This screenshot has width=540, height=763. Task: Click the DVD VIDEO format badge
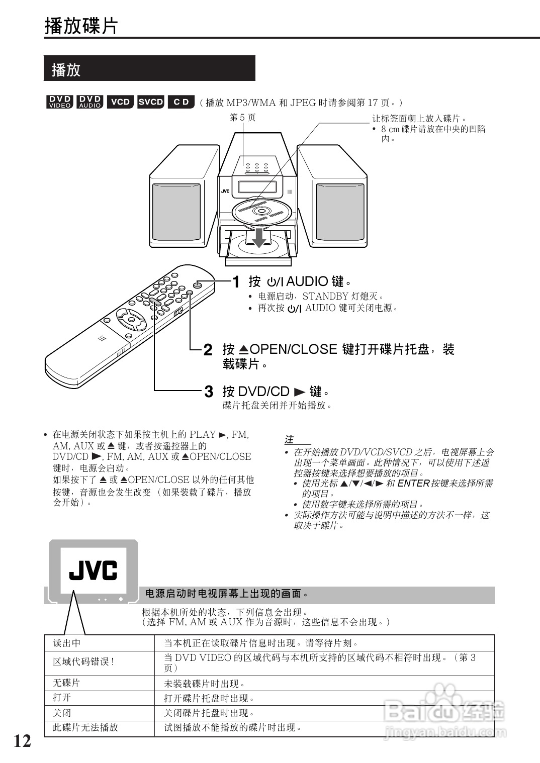60,102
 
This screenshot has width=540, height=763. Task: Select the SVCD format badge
151,102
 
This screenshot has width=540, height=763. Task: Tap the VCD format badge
120,102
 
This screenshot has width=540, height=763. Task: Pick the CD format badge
181,102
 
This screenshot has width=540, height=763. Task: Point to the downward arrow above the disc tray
259,238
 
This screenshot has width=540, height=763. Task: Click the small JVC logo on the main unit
225,191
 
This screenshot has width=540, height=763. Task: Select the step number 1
235,282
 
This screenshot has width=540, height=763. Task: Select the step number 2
208,350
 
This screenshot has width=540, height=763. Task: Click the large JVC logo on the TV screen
93,570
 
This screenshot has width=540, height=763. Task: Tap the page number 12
22,741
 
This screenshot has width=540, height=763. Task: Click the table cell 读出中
67,643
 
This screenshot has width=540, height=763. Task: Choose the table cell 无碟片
66,683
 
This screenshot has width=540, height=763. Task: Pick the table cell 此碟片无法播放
85,727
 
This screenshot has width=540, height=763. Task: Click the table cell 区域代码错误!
83,662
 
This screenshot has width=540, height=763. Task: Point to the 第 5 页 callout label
242,118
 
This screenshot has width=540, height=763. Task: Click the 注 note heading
289,440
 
